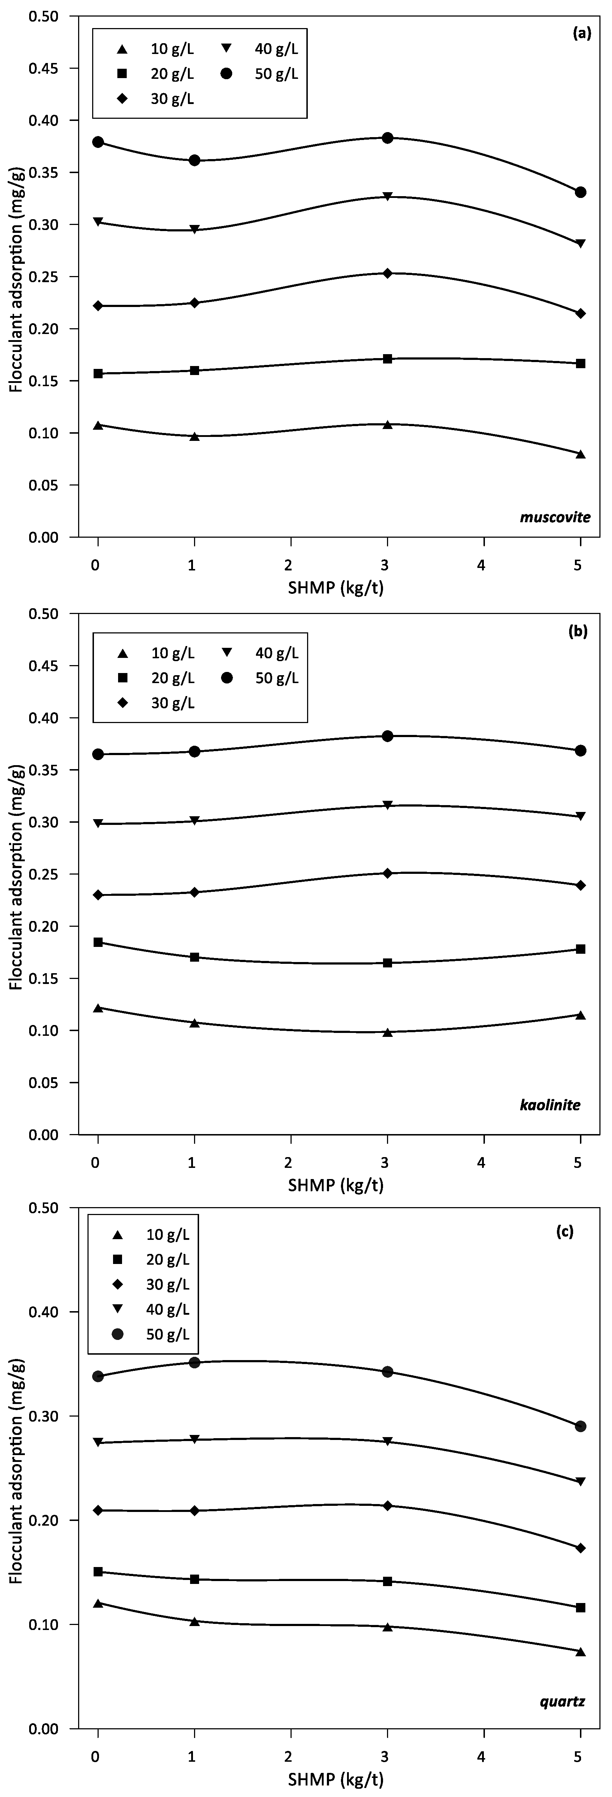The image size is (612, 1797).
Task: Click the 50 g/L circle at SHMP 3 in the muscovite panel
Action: coord(387,138)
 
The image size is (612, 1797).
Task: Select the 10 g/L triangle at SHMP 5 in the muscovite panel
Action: coord(580,454)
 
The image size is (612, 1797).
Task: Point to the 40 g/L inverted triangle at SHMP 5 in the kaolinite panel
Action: coord(580,816)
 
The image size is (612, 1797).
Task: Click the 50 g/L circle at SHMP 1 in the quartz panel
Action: coord(195,1362)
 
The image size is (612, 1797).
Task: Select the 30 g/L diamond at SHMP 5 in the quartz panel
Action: coord(580,1543)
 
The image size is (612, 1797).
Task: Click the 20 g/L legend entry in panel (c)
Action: coord(150,1259)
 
